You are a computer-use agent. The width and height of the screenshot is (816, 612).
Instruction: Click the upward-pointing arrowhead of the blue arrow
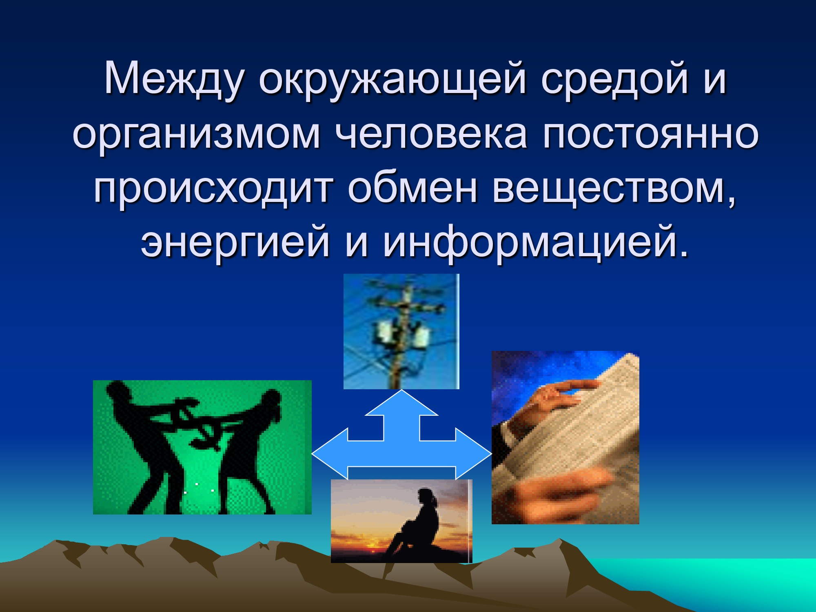[x=402, y=403]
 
